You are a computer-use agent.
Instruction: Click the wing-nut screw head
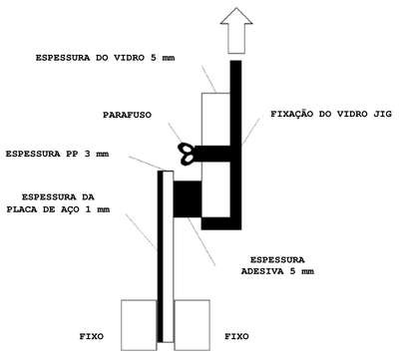(x=187, y=154)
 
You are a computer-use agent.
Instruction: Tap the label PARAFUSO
(x=127, y=115)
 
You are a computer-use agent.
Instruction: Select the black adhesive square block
(x=188, y=199)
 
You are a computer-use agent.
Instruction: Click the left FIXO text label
(x=92, y=336)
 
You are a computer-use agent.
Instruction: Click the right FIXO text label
(x=236, y=336)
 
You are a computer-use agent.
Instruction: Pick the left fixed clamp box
(x=139, y=325)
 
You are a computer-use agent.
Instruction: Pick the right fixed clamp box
(x=193, y=325)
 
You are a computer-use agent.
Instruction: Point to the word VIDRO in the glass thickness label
(x=130, y=58)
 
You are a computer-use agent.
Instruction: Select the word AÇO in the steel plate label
(x=70, y=209)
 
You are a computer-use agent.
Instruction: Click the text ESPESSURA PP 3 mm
(x=57, y=155)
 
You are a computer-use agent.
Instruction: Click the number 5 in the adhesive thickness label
(x=292, y=271)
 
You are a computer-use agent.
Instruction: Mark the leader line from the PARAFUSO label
(x=175, y=134)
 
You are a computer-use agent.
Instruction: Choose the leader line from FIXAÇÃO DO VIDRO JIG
(x=251, y=132)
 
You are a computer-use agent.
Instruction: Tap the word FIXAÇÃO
(x=292, y=113)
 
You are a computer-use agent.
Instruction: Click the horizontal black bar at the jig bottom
(x=221, y=223)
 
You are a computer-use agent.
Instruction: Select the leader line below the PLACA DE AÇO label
(x=141, y=232)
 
